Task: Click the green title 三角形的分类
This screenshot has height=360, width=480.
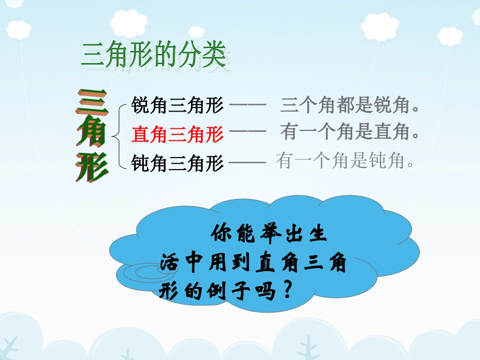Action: click(154, 55)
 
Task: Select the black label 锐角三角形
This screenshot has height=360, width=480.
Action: click(177, 106)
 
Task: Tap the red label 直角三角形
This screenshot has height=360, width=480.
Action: click(177, 134)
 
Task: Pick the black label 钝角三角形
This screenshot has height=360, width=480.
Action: click(177, 163)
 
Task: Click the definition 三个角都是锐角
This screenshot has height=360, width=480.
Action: click(351, 106)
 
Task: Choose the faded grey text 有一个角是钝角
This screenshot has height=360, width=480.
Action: click(346, 162)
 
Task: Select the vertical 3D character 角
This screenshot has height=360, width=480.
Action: click(92, 134)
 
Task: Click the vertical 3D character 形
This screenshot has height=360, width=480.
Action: click(92, 166)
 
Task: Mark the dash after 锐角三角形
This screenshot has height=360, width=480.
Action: click(248, 106)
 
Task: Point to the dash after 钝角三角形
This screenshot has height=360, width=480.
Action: click(248, 163)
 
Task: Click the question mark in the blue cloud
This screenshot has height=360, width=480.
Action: click(286, 290)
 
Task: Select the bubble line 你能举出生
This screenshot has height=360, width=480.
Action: click(270, 235)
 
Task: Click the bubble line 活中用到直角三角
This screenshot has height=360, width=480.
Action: click(253, 263)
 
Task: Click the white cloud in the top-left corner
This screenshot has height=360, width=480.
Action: click(19, 29)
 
